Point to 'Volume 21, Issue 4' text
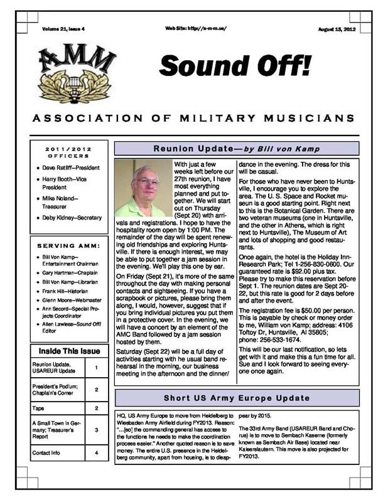point(63,29)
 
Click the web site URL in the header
point(195,29)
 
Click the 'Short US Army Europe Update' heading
point(237,398)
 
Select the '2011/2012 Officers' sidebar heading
point(68,152)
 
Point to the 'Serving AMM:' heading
point(69,245)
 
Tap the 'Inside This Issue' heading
point(69,351)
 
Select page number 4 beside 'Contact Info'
point(96,452)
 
